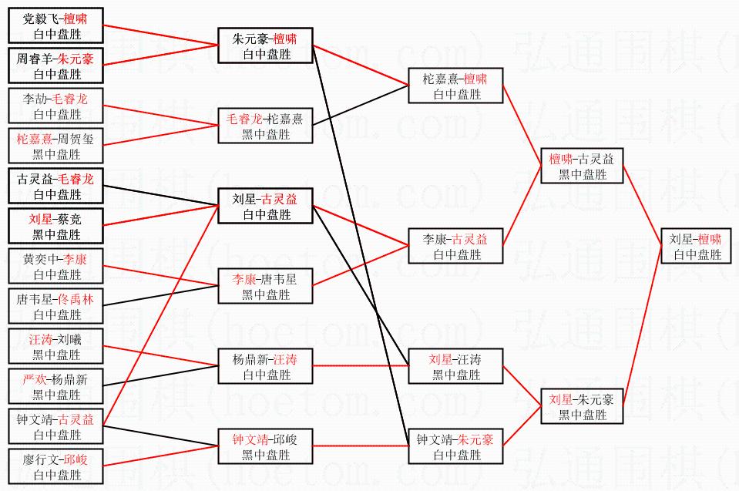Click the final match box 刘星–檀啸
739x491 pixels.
coord(697,246)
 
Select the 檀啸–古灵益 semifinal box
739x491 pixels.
coord(582,166)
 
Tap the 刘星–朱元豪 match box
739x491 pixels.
coord(582,406)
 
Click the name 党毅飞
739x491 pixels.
coord(40,18)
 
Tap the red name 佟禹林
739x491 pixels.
coord(76,299)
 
